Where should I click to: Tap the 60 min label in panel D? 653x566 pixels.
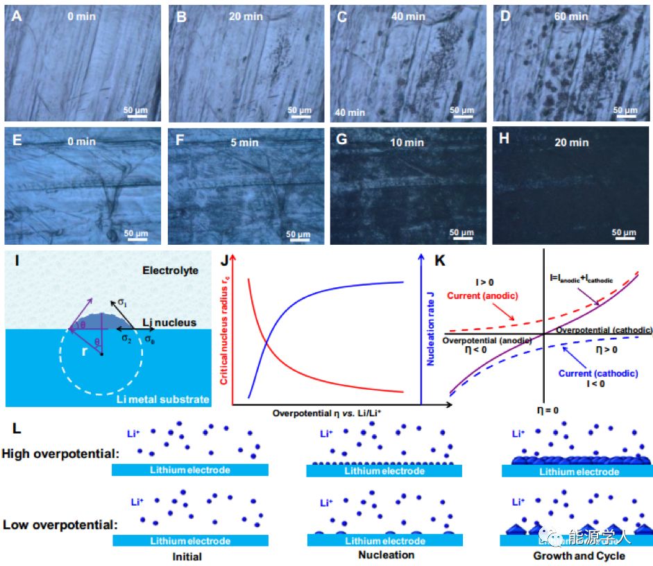tap(570, 16)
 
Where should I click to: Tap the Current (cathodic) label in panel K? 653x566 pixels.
tap(598, 372)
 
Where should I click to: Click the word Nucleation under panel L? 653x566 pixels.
tap(387, 555)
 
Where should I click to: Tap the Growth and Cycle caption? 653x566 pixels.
tap(579, 556)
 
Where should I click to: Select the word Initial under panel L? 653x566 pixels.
tap(187, 556)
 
